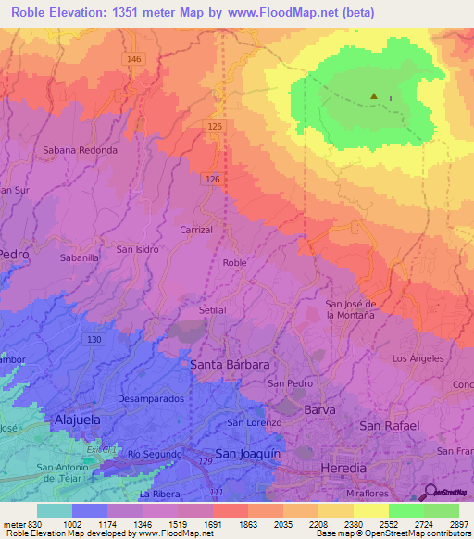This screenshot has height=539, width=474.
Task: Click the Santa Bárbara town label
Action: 230,365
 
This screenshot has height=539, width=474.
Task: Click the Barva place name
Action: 318,408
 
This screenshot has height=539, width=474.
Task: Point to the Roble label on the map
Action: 234,263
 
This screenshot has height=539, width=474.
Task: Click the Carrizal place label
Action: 195,229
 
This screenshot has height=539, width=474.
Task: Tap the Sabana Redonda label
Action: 81,149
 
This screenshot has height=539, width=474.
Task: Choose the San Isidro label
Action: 137,249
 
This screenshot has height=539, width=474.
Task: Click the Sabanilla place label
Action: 81,258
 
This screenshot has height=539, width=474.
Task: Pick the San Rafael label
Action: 389,426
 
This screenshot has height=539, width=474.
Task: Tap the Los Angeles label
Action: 418,357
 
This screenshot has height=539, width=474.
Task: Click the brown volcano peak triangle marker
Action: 374,95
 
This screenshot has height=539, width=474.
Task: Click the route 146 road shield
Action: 135,59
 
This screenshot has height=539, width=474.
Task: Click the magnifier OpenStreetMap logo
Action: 429,493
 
